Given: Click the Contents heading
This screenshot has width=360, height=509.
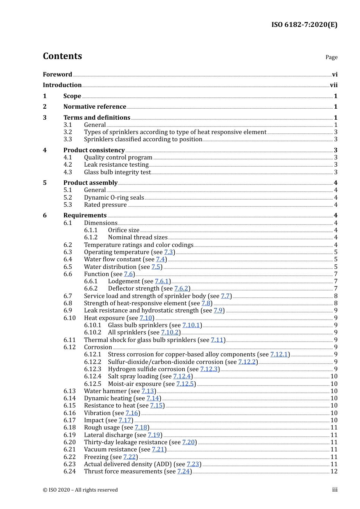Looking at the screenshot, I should pyautogui.click(x=62, y=56).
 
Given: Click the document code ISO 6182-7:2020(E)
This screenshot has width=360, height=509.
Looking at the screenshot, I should pyautogui.click(x=304, y=25).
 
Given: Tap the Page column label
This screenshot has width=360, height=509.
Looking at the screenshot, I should pyautogui.click(x=331, y=57).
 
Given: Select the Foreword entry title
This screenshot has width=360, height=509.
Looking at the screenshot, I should pyautogui.click(x=57, y=74).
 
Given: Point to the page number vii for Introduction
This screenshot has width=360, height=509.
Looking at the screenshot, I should pyautogui.click(x=333, y=85).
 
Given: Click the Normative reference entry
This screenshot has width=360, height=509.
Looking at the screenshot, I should pyautogui.click(x=94, y=107).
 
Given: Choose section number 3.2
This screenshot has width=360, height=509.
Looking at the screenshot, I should pyautogui.click(x=68, y=132).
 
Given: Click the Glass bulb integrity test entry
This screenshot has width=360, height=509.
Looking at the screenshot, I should pyautogui.click(x=117, y=172).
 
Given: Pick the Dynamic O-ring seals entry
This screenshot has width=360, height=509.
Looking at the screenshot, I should pyautogui.click(x=114, y=198).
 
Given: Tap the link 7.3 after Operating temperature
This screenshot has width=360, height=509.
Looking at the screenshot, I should pyautogui.click(x=169, y=252).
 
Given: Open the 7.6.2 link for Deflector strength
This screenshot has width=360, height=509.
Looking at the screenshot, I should pyautogui.click(x=181, y=289).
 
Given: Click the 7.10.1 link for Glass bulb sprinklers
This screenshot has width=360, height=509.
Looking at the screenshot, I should pyautogui.click(x=191, y=325).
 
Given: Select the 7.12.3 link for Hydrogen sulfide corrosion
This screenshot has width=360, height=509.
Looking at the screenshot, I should pyautogui.click(x=209, y=369).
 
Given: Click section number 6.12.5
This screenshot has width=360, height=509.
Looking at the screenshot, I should pyautogui.click(x=92, y=384).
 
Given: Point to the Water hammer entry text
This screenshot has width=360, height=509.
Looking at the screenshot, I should pyautogui.click(x=105, y=391).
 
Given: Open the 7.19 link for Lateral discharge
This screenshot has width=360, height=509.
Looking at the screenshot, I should pyautogui.click(x=154, y=435).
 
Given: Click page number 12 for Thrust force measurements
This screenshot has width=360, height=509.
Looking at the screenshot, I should pyautogui.click(x=334, y=472).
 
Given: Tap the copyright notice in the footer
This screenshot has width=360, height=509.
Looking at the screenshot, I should pyautogui.click(x=80, y=490).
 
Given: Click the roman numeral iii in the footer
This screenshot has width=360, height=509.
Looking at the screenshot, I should pyautogui.click(x=335, y=490).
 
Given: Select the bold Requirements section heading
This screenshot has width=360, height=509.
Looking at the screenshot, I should pyautogui.click(x=85, y=215).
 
